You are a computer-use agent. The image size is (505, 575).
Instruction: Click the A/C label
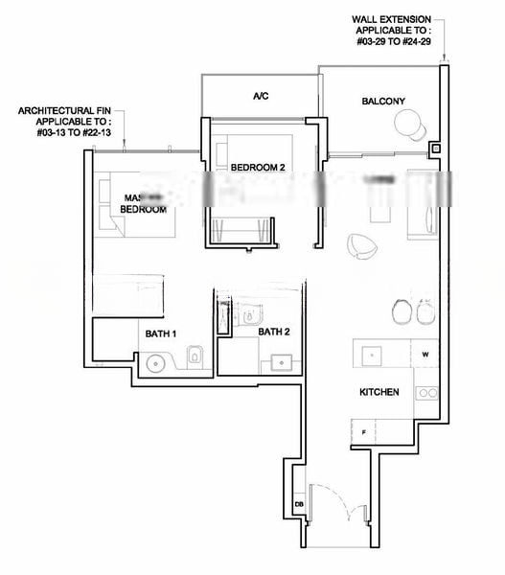(260, 97)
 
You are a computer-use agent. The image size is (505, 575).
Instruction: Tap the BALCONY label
(383, 102)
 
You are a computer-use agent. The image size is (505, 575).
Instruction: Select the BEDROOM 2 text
(258, 168)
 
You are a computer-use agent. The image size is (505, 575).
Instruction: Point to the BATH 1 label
(161, 333)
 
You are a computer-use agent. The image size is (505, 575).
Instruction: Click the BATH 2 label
(273, 332)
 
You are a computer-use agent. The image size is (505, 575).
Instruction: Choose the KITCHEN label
(379, 393)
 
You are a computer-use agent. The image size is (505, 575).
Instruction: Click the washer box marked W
(425, 354)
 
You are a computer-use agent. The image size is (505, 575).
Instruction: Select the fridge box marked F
(364, 432)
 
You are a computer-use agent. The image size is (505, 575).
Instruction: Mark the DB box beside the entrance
(299, 504)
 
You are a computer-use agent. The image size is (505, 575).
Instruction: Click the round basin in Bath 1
(157, 363)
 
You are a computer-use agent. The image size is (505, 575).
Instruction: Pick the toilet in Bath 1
(195, 356)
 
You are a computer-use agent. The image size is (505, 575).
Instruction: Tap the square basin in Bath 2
(283, 361)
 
